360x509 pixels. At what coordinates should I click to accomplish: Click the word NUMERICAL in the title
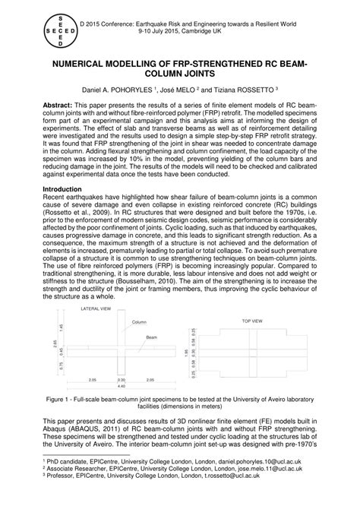point(87,68)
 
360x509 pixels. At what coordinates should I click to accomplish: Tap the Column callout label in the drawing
point(139,322)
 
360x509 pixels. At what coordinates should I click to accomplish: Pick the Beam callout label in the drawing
point(152,336)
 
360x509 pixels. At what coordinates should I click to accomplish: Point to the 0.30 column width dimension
point(121,379)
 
